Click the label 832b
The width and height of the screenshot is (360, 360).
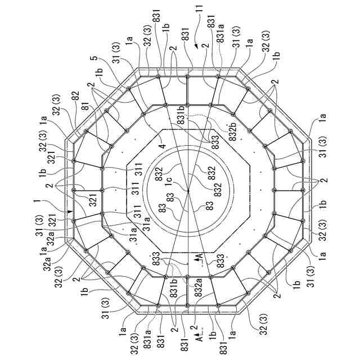pos(232,128)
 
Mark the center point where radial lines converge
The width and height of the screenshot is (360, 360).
pos(187,191)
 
